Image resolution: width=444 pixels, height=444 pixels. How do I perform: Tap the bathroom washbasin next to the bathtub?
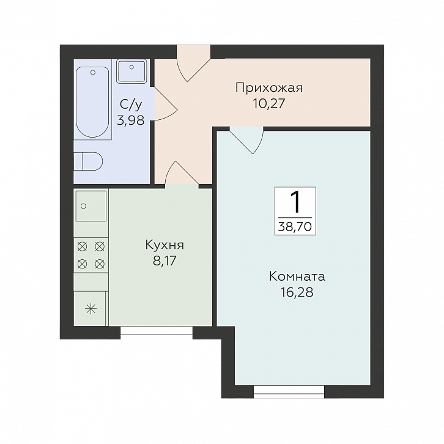[x=130, y=71]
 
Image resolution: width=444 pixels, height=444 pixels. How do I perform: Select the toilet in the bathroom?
[x=89, y=161]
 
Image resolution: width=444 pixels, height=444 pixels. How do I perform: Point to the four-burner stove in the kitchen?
[x=91, y=256]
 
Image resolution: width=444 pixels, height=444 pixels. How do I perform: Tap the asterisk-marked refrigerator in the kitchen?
[x=91, y=308]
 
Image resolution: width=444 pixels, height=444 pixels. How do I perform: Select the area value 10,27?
[x=269, y=103]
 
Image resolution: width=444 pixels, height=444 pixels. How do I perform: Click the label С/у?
[x=130, y=105]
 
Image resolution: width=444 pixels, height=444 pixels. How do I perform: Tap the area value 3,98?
[x=130, y=120]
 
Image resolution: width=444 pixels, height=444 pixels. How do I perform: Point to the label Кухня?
[x=165, y=245]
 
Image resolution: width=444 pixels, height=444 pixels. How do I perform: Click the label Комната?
[x=297, y=276]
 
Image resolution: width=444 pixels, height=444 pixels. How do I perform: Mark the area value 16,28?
[x=297, y=292]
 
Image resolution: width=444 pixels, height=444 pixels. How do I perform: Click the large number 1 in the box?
[x=295, y=202]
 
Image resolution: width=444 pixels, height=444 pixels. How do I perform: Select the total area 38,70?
[x=295, y=226]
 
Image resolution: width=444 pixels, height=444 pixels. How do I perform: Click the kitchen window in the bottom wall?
[x=157, y=332]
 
